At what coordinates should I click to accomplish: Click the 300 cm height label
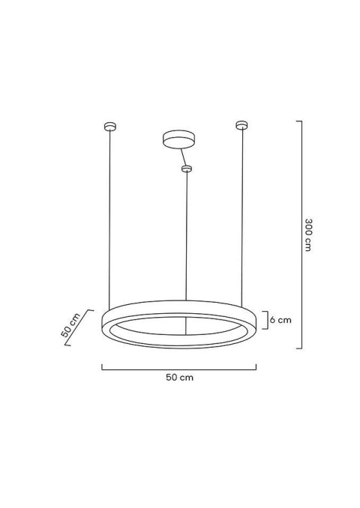[x=308, y=235]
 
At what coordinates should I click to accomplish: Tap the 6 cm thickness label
[x=280, y=320]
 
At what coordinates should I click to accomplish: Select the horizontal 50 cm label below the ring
[x=179, y=378]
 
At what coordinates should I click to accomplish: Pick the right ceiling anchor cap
[x=241, y=124]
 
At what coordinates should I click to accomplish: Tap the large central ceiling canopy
[x=177, y=140]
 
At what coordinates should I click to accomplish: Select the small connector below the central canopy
[x=187, y=169]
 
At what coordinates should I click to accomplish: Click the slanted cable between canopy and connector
[x=182, y=157]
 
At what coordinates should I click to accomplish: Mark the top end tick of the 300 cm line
[x=299, y=121]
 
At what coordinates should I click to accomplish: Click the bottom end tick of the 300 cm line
[x=299, y=348]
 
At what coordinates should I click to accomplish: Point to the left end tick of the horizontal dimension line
[x=102, y=366]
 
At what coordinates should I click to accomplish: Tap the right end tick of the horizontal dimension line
[x=256, y=366]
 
